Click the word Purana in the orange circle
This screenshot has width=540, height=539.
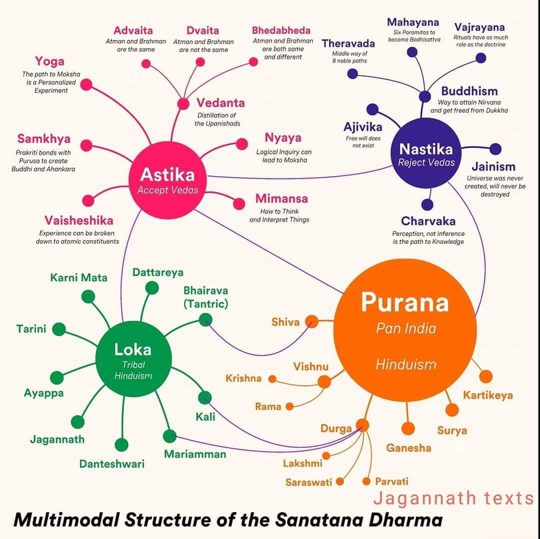tap(405, 302)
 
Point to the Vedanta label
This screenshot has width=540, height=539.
tap(220, 103)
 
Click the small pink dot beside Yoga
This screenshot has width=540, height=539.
tap(86, 84)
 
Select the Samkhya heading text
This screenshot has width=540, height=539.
tap(44, 138)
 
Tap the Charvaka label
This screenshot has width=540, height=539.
tap(428, 220)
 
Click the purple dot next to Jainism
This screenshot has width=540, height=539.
tap(495, 148)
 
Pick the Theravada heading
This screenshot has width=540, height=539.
tap(348, 43)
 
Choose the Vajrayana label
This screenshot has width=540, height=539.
tap(479, 27)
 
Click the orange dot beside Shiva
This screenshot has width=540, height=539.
tap(312, 321)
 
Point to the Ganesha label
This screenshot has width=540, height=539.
tap(408, 448)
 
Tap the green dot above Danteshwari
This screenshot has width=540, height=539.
tap(121, 444)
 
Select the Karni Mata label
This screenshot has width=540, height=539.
tap(78, 277)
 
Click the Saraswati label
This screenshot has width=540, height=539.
tap(309, 482)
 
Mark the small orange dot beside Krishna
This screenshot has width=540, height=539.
tap(272, 379)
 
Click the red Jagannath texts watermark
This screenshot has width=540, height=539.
tap(453, 498)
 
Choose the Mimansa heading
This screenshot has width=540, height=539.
tap(281, 198)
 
